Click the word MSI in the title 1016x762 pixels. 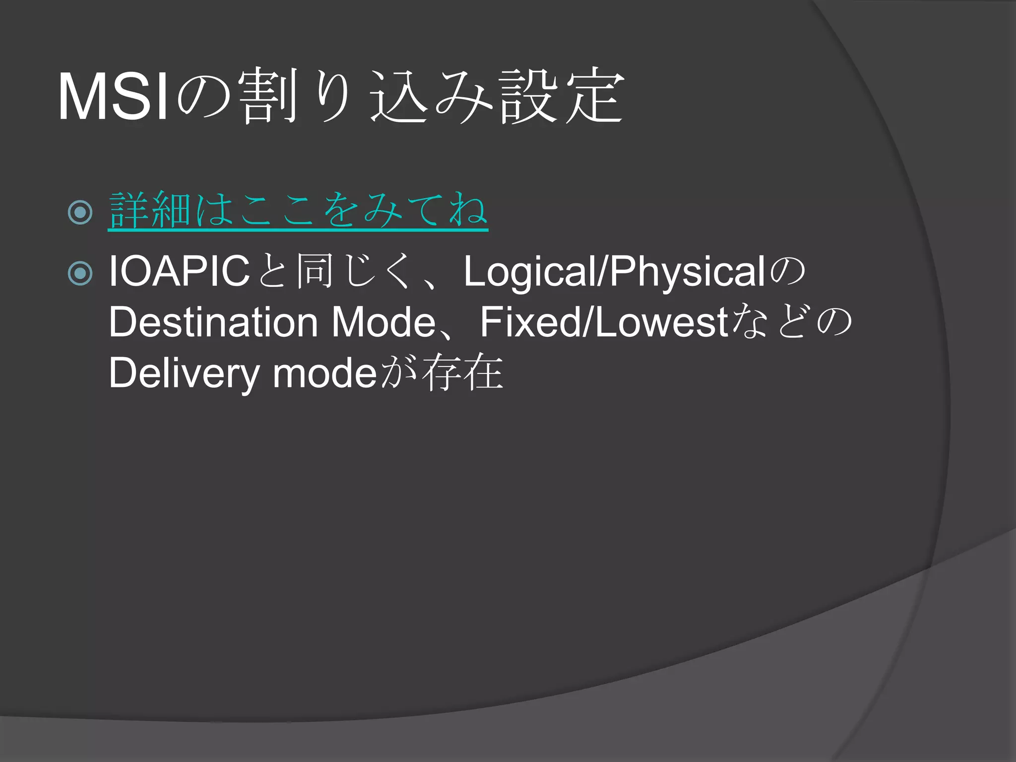(x=113, y=97)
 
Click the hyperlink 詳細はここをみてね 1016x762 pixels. (x=298, y=211)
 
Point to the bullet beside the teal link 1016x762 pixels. (x=80, y=212)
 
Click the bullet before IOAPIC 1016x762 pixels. (x=80, y=273)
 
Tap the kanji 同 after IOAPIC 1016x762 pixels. (x=315, y=271)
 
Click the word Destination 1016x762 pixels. (x=213, y=322)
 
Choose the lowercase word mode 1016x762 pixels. (x=325, y=374)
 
